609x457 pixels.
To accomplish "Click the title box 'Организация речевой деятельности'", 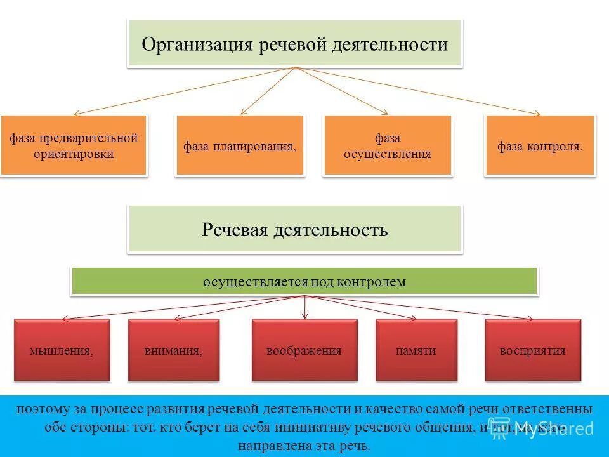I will [x=295, y=44].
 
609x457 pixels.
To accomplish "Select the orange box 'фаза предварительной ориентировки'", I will [x=74, y=145].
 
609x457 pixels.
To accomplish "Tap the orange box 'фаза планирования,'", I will [x=240, y=145].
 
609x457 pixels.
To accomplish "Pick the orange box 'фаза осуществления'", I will [x=387, y=145].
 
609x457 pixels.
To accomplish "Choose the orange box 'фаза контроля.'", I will [x=540, y=145].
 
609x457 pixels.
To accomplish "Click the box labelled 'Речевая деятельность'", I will [x=295, y=229].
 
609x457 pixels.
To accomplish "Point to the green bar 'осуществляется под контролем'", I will [x=304, y=281].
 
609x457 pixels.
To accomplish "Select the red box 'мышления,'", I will [x=62, y=350].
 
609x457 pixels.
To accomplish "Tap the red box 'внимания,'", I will [x=173, y=350].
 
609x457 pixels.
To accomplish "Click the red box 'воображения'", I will [x=304, y=350].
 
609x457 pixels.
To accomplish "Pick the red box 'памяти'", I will [x=416, y=350].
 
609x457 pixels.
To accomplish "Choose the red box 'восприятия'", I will [x=532, y=350].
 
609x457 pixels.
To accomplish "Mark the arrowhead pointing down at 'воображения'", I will [x=305, y=316].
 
